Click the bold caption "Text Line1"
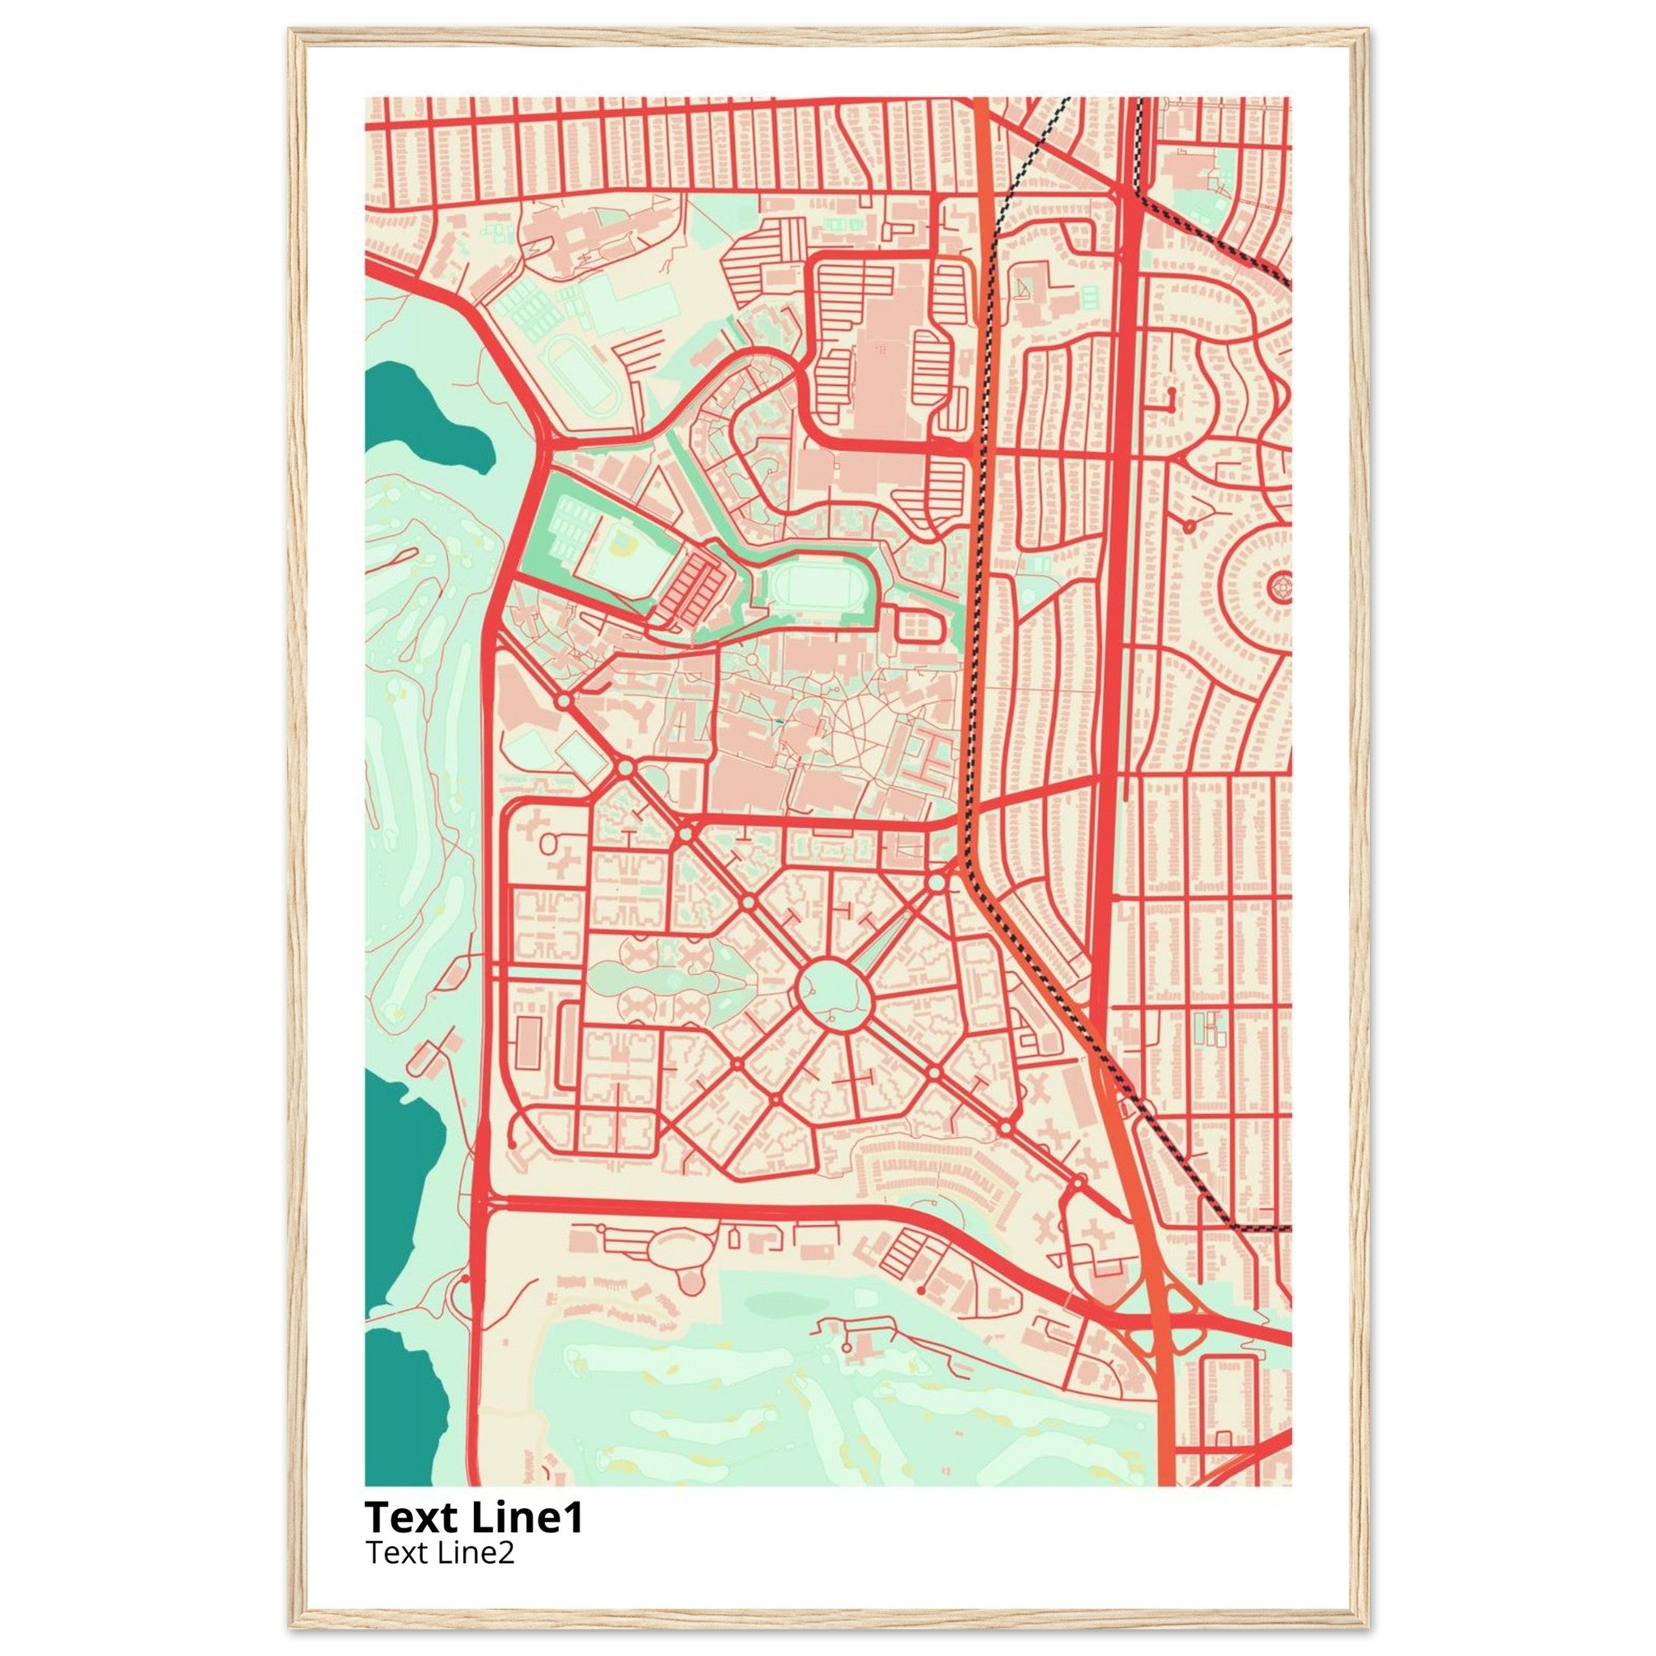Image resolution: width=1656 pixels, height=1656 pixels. click(x=474, y=1516)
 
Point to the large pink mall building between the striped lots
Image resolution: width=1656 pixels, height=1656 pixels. click(x=883, y=352)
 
